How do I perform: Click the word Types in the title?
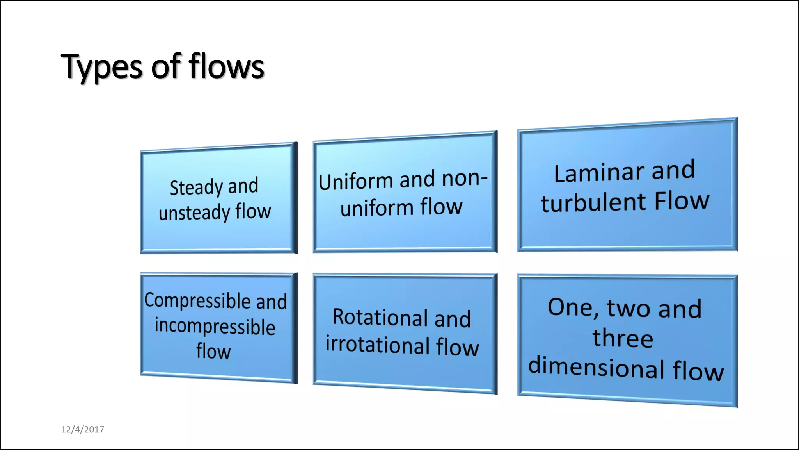[x=102, y=67]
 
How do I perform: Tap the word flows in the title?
[x=226, y=66]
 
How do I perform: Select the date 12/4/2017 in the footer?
[x=82, y=429]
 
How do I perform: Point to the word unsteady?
[x=194, y=213]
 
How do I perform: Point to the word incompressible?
[x=215, y=326]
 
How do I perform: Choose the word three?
[x=623, y=338]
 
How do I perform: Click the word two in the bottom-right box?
[x=628, y=308]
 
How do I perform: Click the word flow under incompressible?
[x=213, y=351]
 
